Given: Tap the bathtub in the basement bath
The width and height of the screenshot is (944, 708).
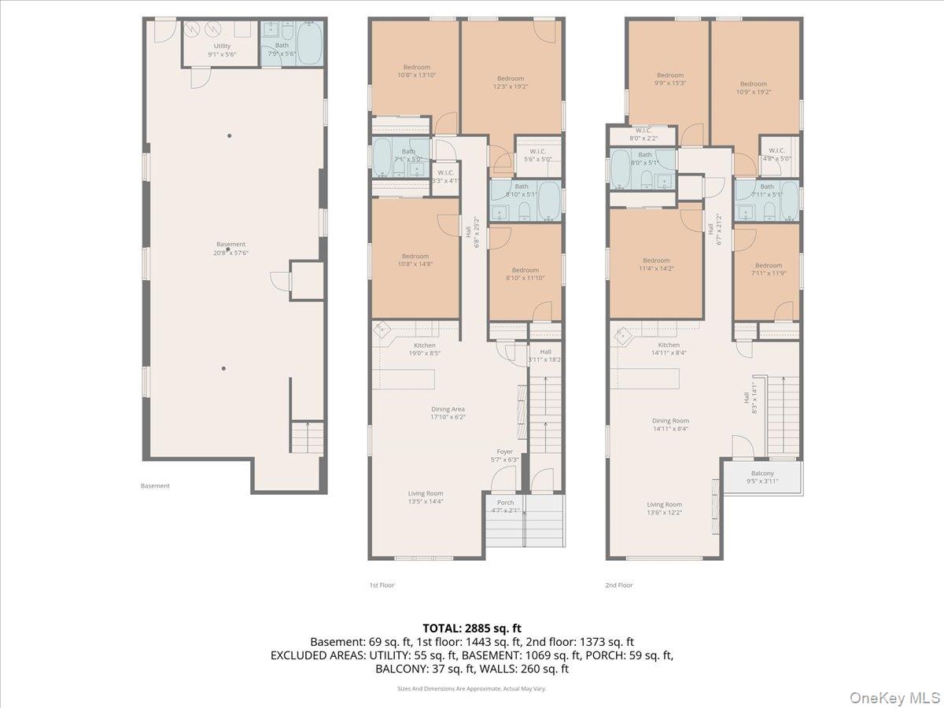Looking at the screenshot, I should tap(310, 44).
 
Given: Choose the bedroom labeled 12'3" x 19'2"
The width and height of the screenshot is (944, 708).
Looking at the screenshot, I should tap(511, 83).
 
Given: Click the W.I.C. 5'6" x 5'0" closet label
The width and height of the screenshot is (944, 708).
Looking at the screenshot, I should tap(538, 155).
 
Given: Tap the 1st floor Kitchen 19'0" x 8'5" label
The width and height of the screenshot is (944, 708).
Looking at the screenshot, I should tap(424, 349).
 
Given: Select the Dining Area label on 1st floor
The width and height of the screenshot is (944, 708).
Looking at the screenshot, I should tap(448, 413).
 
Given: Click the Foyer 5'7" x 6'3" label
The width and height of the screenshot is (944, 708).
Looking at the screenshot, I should tap(504, 455).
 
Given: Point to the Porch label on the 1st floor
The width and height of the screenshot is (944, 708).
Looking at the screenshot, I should tap(504, 507).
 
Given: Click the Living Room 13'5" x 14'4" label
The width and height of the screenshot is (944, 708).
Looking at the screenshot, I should tap(426, 497).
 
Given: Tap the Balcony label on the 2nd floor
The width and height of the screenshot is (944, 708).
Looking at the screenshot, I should tap(762, 477).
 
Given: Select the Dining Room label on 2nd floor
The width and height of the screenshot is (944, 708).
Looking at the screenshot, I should tap(670, 425).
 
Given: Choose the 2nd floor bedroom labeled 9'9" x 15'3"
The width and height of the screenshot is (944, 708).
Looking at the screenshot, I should tap(670, 79).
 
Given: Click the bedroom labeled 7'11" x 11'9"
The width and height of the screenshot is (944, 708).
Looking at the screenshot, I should tap(769, 269).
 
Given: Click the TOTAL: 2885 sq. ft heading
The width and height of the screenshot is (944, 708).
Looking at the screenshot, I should tap(472, 628).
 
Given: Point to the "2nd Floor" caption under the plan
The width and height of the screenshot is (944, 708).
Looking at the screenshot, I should tap(619, 585).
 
